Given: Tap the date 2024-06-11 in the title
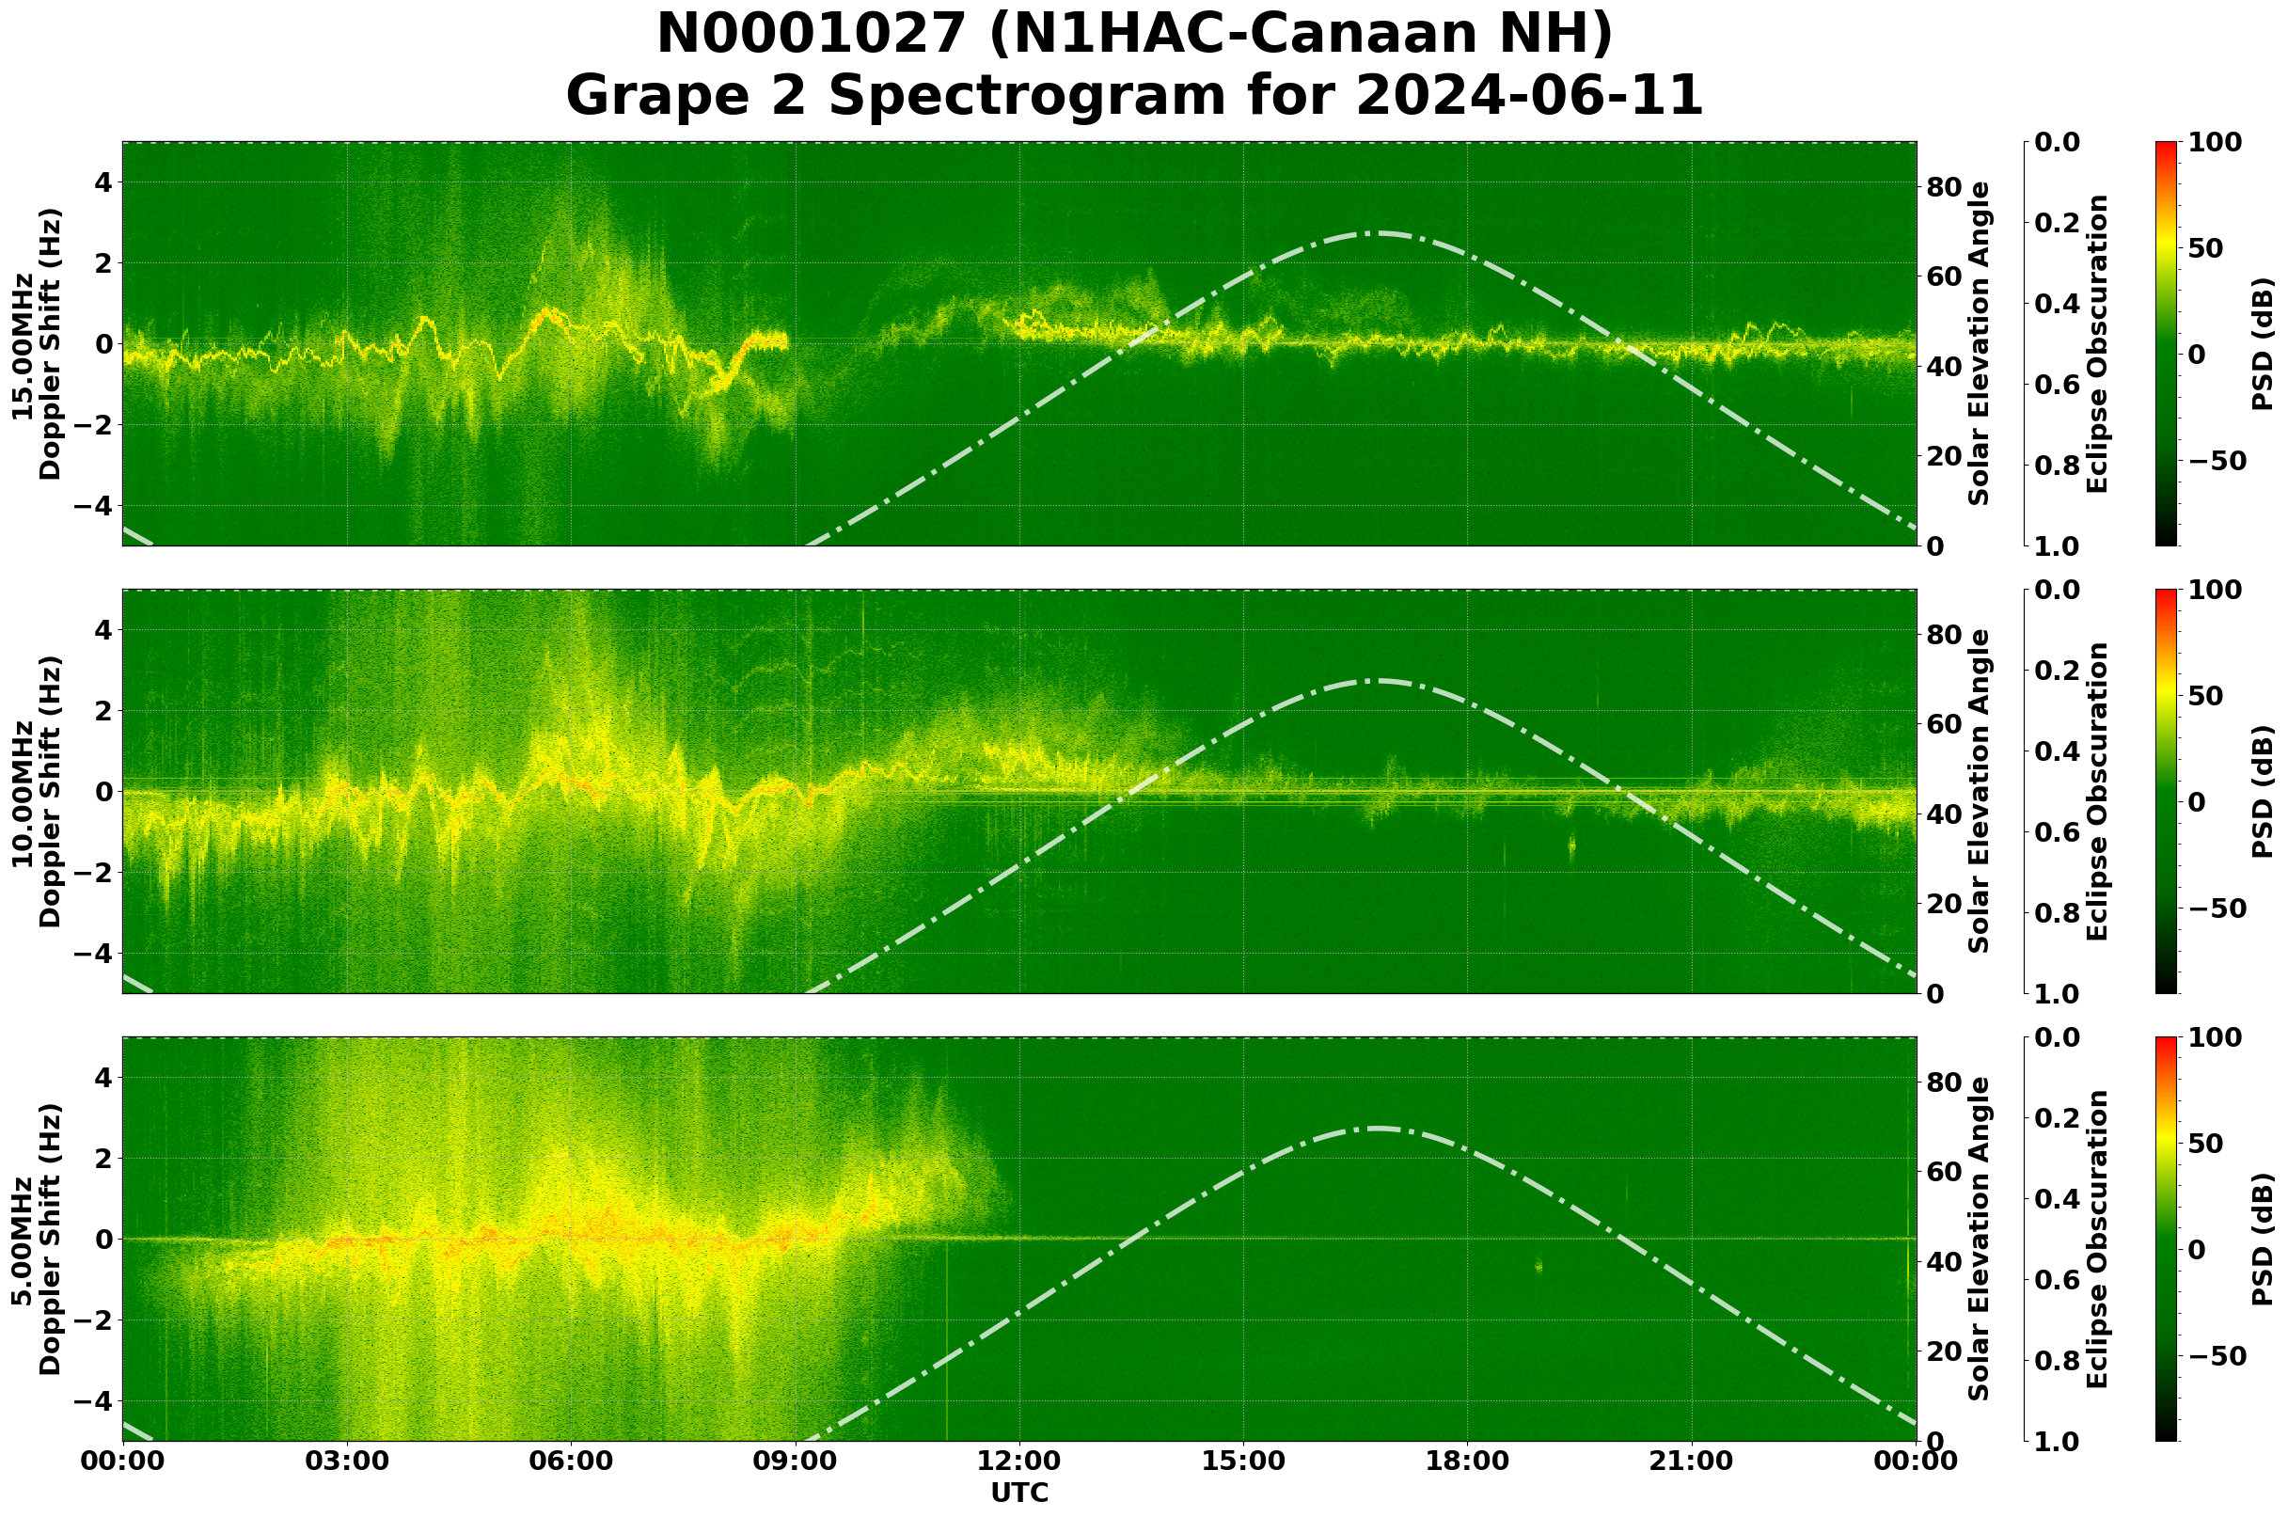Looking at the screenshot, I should point(1528,97).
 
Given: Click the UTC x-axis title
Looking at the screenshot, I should point(1019,1493).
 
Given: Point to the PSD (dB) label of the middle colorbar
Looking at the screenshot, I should point(2262,791).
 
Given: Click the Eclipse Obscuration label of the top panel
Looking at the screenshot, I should point(2096,343).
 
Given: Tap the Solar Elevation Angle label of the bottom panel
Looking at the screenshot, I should point(1980,1240).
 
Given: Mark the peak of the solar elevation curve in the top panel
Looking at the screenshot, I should point(1379,232).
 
